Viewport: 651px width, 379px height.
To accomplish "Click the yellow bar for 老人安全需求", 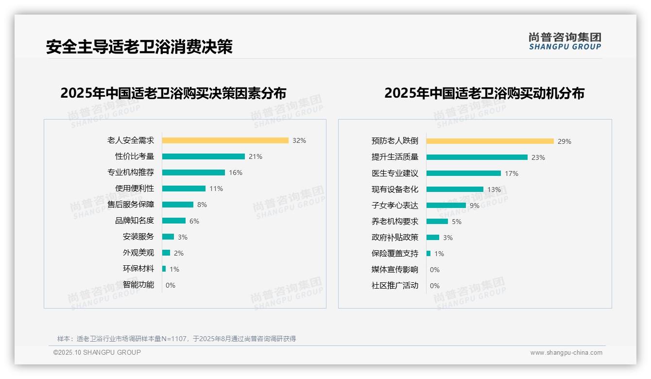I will (x=225, y=140).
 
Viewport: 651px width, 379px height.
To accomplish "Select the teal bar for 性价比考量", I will (x=203, y=156).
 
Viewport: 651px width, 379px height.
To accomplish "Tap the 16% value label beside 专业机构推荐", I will (x=236, y=172).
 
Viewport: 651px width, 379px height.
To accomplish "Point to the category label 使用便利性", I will (x=134, y=189).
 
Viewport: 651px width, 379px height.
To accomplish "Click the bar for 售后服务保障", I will (x=177, y=205).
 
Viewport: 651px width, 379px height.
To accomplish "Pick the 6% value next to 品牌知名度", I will (x=194, y=221).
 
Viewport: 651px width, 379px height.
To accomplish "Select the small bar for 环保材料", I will (x=164, y=269).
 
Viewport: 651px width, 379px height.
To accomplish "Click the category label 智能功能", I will (x=138, y=285).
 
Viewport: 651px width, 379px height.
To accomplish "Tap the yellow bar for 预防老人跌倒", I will (x=490, y=141).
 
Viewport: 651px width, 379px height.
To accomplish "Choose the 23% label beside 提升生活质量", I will (x=538, y=157).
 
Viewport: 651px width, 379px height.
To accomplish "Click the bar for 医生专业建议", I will (x=463, y=173).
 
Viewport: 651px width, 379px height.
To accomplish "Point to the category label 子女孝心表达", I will (x=394, y=205).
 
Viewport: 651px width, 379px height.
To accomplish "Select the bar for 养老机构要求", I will (x=437, y=221).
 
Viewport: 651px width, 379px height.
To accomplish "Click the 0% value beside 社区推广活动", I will (x=435, y=286).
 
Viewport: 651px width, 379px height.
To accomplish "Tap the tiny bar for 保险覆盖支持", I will (x=428, y=253).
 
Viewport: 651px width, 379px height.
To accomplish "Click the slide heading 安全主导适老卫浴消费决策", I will (x=139, y=47).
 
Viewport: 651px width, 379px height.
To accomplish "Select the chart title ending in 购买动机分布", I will (x=484, y=93).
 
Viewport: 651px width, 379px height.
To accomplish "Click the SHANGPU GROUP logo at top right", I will (x=565, y=41).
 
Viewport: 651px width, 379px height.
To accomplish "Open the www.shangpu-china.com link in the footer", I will (x=566, y=353).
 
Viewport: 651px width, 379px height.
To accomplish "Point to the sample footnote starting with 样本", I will (x=176, y=339).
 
